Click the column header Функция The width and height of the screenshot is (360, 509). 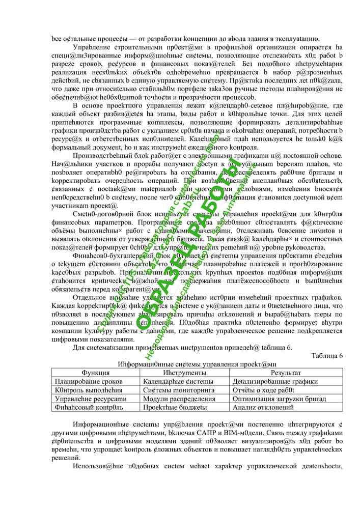coord(95,373)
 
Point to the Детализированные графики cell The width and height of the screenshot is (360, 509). coord(274,382)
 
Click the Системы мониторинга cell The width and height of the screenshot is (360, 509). coord(178,390)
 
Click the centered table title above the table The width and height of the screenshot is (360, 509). coord(197,364)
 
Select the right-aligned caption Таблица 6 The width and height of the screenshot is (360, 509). coord(327,356)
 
